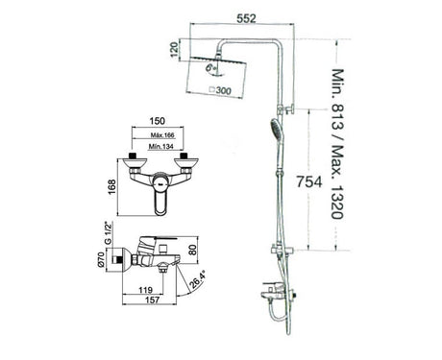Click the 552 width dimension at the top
point(246,18)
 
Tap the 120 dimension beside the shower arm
point(174,50)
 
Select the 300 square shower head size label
point(221,90)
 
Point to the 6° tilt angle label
point(210,67)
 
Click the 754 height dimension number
point(308,181)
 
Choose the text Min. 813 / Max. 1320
point(337,144)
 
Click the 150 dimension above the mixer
point(158,121)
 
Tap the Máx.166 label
point(162,135)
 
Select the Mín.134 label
point(161,147)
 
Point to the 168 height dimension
point(111,187)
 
